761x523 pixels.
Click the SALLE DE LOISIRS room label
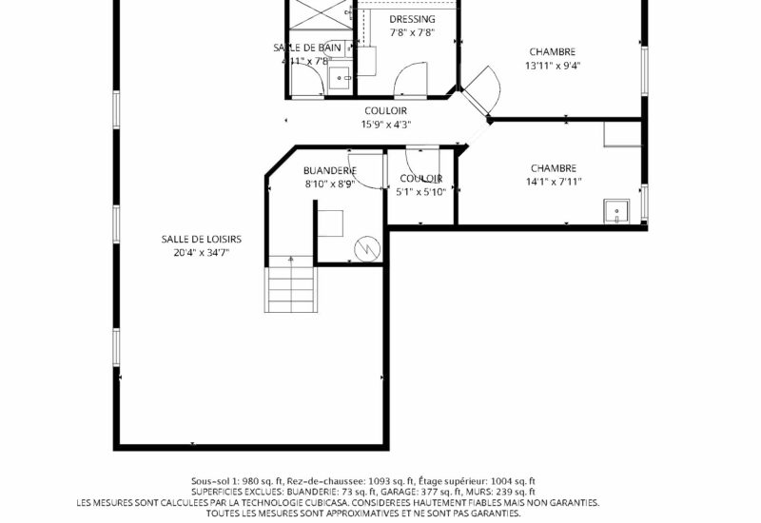pyautogui.click(x=201, y=240)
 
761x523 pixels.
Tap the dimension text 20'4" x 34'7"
pyautogui.click(x=201, y=252)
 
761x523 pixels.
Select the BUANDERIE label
pyautogui.click(x=330, y=171)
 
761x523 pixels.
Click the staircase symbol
pyautogui.click(x=290, y=283)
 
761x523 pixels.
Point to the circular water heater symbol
pyautogui.click(x=366, y=249)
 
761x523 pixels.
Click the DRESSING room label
pyautogui.click(x=412, y=19)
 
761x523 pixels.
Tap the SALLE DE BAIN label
pyautogui.click(x=307, y=48)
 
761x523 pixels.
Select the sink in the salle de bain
pyautogui.click(x=341, y=78)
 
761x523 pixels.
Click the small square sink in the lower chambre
pyautogui.click(x=616, y=211)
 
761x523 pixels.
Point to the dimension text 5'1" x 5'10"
pyautogui.click(x=420, y=192)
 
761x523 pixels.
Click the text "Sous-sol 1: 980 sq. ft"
pyautogui.click(x=237, y=481)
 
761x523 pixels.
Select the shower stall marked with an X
pyautogui.click(x=321, y=13)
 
